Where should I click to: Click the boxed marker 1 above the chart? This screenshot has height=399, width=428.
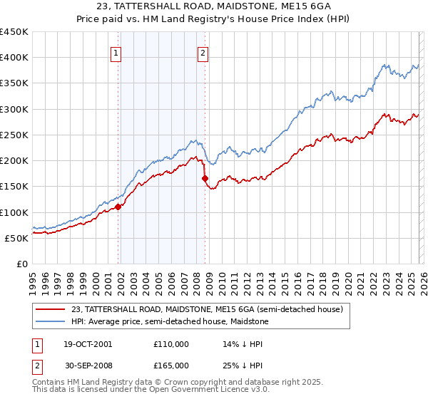click(x=116, y=52)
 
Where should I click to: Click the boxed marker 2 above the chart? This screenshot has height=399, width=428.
click(x=203, y=52)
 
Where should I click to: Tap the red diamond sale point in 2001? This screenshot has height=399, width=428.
click(x=118, y=207)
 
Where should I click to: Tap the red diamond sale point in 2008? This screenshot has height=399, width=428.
click(x=205, y=179)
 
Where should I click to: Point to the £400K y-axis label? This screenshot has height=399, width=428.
click(x=14, y=58)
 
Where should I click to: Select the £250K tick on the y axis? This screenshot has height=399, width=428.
click(x=14, y=135)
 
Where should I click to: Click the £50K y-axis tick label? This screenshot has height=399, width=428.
click(x=17, y=238)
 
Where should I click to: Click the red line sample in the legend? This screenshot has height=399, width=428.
click(x=50, y=309)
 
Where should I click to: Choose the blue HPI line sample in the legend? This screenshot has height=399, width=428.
click(x=50, y=321)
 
